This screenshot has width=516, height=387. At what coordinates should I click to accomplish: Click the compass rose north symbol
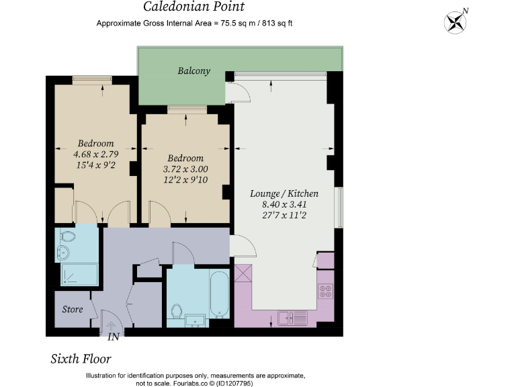click(x=455, y=21)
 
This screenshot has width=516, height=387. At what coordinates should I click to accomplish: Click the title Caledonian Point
click(x=194, y=7)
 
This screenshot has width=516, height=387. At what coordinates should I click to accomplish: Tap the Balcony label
click(x=194, y=71)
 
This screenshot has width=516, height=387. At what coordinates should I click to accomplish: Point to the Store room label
click(x=73, y=310)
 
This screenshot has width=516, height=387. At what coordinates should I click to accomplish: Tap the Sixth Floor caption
click(x=81, y=359)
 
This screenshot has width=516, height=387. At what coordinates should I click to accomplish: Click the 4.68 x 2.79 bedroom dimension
click(x=95, y=154)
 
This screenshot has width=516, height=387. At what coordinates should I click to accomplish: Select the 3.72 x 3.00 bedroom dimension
click(x=185, y=169)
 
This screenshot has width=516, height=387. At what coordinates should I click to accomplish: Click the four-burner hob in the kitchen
click(x=325, y=292)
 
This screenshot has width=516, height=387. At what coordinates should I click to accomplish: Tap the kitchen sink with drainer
click(x=292, y=316)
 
